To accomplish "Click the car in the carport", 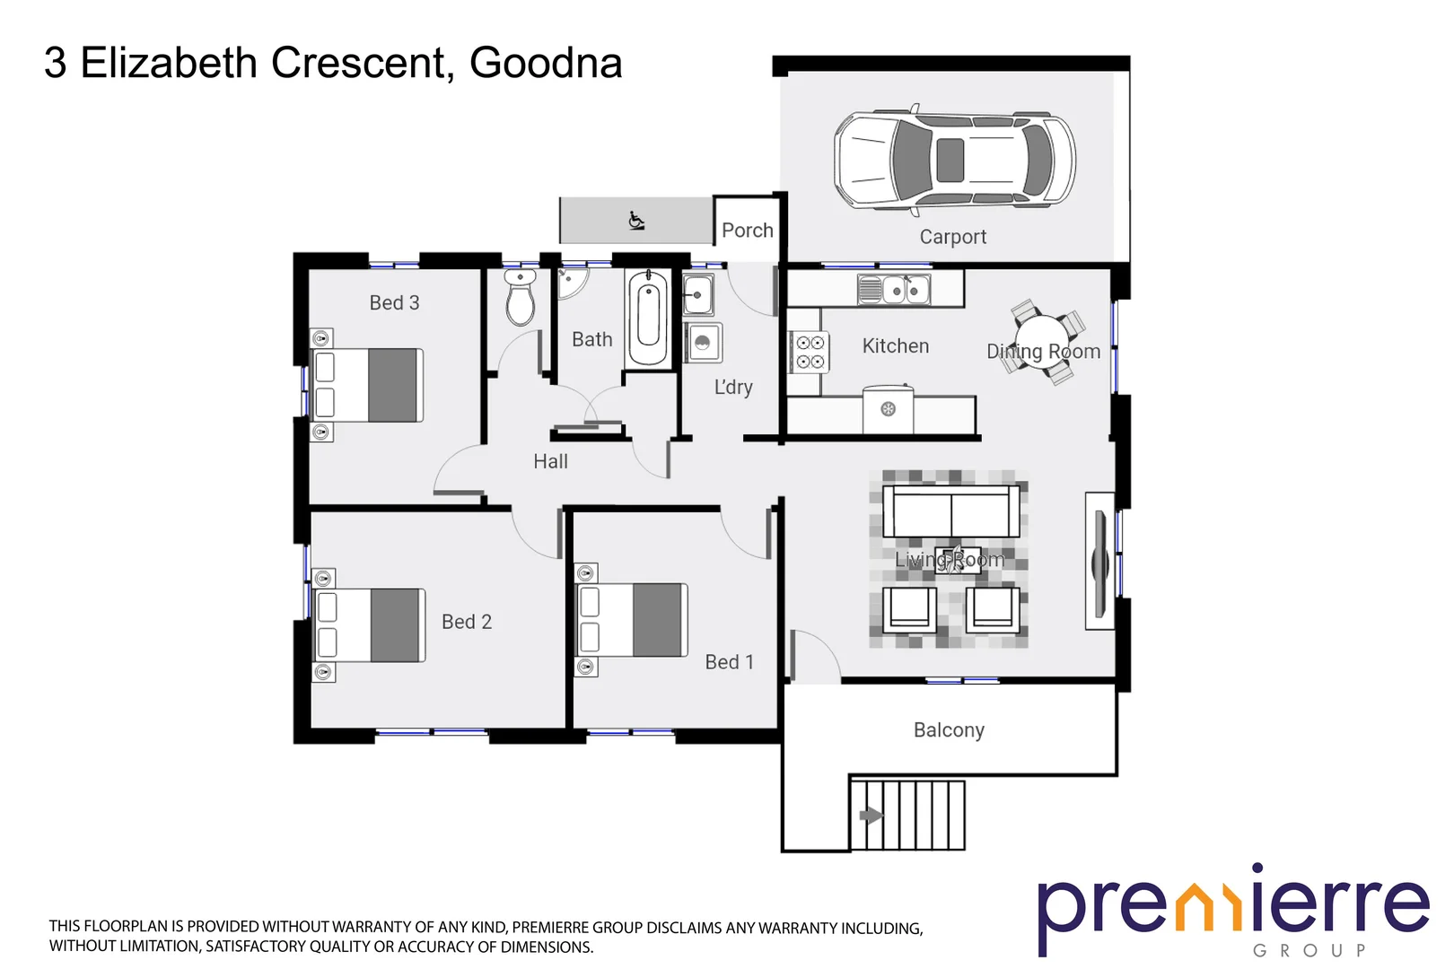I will (x=954, y=161).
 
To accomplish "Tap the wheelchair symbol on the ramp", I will (x=636, y=220).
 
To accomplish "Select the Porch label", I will (x=747, y=231).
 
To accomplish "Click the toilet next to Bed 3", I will (x=520, y=299).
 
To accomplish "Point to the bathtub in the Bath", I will (x=647, y=319).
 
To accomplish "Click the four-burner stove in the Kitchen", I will (x=810, y=352).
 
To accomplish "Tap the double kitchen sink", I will (x=895, y=290).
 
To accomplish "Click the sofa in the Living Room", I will (x=950, y=511).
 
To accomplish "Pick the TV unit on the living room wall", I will (x=1099, y=561).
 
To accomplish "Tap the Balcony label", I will (x=949, y=730).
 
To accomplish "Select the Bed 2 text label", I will (x=467, y=622).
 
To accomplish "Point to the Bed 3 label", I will (x=394, y=303).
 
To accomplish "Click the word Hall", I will (x=550, y=461).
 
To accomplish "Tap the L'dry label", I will (x=733, y=388).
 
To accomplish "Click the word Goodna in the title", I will (x=545, y=64).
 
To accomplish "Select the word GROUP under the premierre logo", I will (x=1309, y=950).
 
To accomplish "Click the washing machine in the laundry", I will (x=703, y=343).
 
